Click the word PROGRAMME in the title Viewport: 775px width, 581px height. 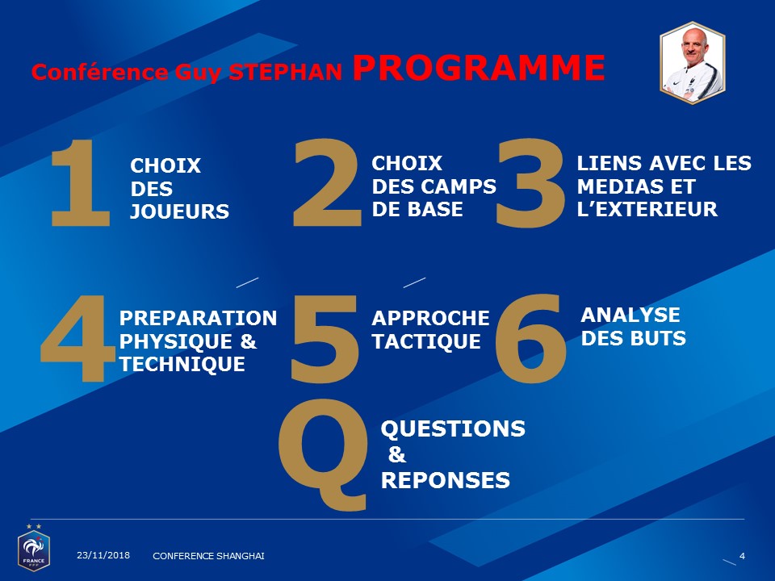point(479,67)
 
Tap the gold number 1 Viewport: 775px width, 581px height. point(82,183)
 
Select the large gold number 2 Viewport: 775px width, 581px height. point(327,183)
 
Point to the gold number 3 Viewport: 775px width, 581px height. point(530,183)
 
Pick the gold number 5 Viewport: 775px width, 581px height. point(325,338)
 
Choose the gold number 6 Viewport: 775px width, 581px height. point(531,338)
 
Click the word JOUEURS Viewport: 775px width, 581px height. point(179,211)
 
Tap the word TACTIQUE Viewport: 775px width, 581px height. point(426,341)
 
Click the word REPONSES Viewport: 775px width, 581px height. point(446,480)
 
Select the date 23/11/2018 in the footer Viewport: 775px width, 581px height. point(103,555)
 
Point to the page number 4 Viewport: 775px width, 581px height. point(742,556)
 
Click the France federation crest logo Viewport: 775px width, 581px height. point(34,549)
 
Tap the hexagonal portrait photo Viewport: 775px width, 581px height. point(693,63)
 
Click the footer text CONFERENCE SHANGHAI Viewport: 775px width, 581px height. point(208,556)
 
